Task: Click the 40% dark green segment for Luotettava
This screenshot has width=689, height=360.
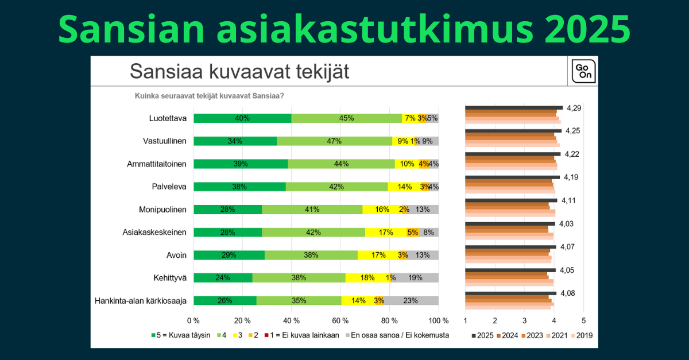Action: (242, 118)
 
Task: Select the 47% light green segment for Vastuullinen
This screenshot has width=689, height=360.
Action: (334, 141)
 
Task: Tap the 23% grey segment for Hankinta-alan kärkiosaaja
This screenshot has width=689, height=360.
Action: (411, 300)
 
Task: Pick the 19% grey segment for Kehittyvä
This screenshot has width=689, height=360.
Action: (415, 278)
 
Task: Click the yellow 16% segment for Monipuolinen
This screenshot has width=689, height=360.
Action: (382, 210)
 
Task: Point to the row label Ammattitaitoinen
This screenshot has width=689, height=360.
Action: (157, 164)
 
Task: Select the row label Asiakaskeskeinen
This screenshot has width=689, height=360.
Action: (154, 233)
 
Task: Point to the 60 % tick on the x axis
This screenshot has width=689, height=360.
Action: (340, 320)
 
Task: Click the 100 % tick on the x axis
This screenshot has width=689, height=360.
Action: (439, 320)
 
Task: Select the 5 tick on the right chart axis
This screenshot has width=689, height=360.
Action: (583, 320)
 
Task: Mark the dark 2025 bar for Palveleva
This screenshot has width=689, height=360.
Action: (512, 177)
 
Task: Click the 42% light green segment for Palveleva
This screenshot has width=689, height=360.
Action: (336, 187)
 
